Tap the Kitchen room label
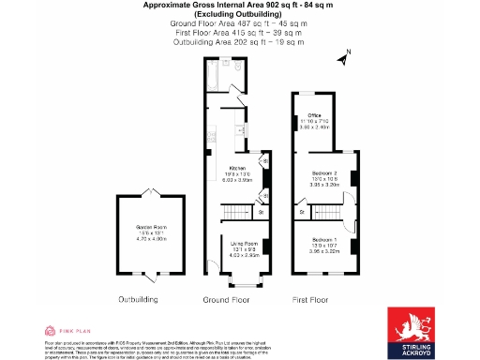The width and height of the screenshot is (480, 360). tap(237, 168)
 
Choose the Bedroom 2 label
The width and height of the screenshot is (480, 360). tap(323, 173)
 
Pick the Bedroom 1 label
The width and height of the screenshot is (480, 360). tap(323, 240)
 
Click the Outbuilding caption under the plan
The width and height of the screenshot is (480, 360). tap(138, 300)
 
